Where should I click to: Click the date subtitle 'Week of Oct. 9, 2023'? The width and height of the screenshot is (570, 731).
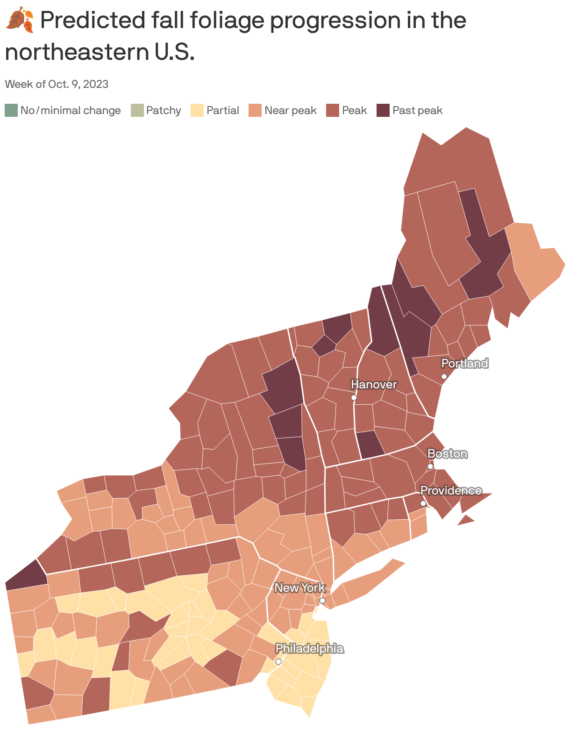(57, 84)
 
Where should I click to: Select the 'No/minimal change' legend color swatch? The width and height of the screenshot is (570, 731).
(11, 110)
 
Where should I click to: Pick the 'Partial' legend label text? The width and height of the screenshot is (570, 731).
(222, 110)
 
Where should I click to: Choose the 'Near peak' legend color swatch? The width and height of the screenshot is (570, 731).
(255, 110)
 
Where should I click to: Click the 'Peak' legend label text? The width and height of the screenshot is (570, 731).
(354, 110)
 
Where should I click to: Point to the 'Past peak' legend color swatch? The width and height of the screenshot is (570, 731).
(383, 110)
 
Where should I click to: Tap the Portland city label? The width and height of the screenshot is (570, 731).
(464, 363)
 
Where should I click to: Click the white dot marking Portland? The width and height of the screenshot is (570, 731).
(444, 376)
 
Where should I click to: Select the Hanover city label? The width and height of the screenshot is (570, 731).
(374, 384)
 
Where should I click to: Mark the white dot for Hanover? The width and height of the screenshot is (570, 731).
(354, 398)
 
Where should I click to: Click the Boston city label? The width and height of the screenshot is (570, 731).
(447, 453)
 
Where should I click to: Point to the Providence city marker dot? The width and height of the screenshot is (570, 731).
(423, 503)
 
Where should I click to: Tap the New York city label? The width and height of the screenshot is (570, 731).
(299, 588)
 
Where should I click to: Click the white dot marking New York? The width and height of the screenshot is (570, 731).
(322, 601)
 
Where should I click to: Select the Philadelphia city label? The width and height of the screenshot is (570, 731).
(309, 648)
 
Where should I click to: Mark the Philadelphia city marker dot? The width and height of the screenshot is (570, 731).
(278, 661)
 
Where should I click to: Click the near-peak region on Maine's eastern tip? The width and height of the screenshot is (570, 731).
(537, 262)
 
